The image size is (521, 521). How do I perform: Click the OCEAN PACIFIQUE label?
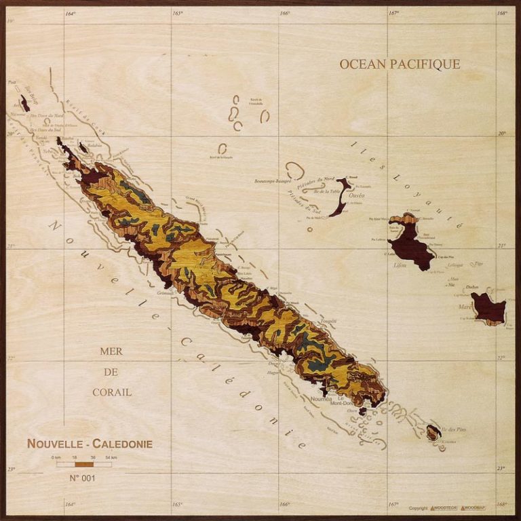(400, 64)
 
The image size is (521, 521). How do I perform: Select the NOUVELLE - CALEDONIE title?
(90, 444)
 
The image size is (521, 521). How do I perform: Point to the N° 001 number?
(83, 478)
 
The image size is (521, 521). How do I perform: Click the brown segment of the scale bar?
(83, 465)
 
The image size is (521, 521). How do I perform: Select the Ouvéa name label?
(356, 195)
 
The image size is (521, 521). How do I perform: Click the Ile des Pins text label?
(452, 429)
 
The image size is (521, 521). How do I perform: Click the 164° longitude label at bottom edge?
(70, 504)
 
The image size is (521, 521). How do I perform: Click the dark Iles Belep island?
(25, 103)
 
